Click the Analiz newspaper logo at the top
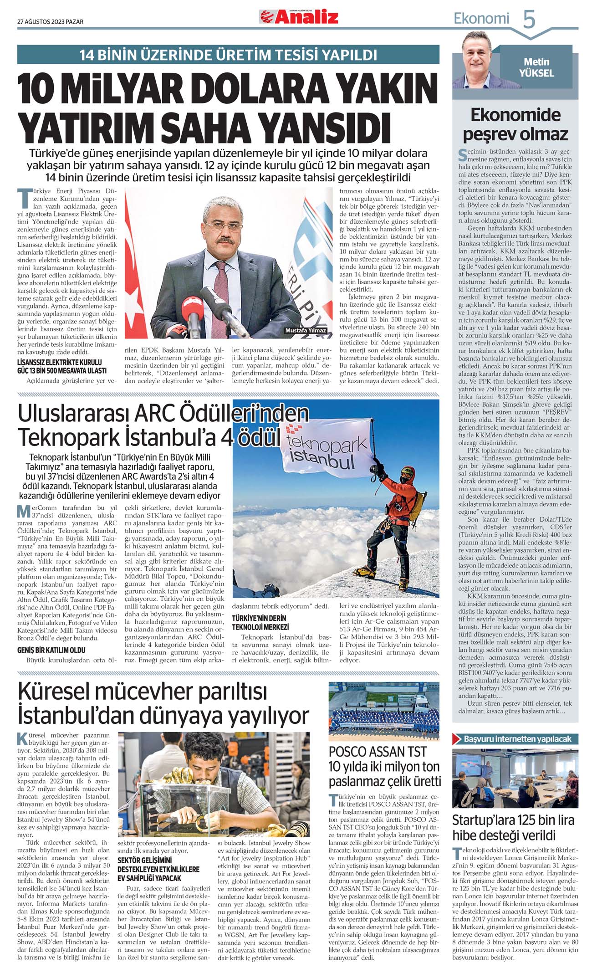point(299,17)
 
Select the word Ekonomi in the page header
point(481,19)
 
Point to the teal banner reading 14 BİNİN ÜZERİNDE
point(228,55)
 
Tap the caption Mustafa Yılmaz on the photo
point(306,330)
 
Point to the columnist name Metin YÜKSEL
point(537,67)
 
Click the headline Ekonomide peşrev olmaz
point(515,124)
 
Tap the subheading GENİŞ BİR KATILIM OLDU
point(51,650)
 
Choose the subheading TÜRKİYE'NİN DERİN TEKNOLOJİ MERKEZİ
point(260,622)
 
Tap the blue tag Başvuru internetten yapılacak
point(517,739)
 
